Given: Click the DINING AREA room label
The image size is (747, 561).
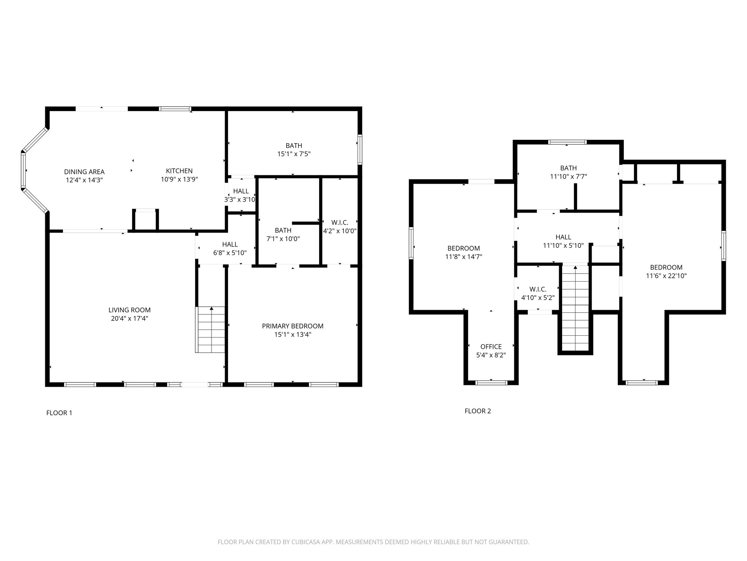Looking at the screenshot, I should click(x=84, y=172).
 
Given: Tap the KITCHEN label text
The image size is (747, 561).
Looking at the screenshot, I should click(x=179, y=171).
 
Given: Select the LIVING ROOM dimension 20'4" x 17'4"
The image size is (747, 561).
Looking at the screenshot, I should click(x=129, y=318).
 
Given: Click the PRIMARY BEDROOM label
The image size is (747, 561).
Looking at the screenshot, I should click(x=293, y=326).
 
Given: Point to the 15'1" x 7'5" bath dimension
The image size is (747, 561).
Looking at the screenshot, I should click(x=294, y=154).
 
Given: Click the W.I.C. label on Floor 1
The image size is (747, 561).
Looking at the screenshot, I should click(x=340, y=222).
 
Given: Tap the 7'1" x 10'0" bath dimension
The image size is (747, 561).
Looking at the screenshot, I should click(x=283, y=239).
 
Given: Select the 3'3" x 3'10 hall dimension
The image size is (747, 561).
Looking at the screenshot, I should click(x=240, y=200).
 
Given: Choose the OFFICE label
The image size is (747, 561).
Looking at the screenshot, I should click(x=491, y=347).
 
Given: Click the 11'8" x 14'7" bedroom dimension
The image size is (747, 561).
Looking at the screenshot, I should click(x=464, y=257).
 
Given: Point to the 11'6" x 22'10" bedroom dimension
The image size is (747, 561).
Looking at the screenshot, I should click(x=666, y=276).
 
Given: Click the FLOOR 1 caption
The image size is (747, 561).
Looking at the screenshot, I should click(x=59, y=413).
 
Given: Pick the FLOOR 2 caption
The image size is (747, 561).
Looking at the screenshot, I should click(x=477, y=411).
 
